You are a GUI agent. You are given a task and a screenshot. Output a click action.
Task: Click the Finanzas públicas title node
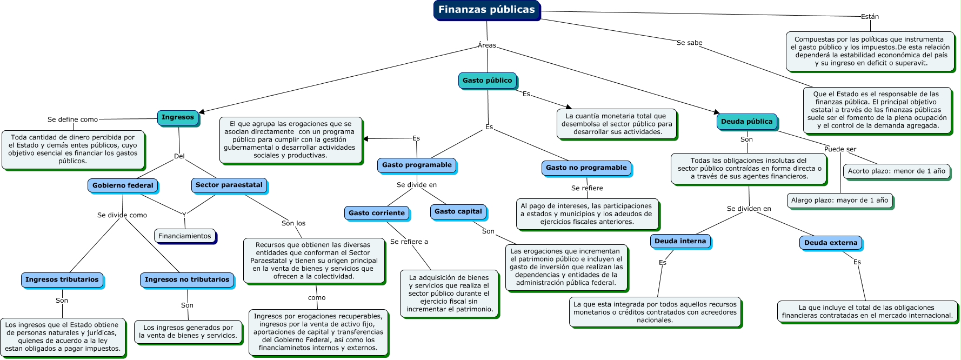point(486,10)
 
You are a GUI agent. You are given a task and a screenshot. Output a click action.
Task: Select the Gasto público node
point(487,81)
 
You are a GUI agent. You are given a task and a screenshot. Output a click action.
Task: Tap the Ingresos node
point(177,117)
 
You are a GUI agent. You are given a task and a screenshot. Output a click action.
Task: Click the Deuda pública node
point(746,122)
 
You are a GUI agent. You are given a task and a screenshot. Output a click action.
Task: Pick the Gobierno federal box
point(123,185)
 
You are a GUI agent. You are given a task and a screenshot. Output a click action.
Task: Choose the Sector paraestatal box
point(229,185)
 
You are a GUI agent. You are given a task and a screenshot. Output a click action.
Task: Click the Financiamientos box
point(184,236)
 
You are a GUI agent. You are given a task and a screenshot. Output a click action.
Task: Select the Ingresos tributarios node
point(62,279)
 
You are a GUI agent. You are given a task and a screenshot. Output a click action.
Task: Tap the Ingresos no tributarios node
point(187,279)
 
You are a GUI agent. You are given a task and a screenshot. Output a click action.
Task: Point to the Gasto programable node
point(417,165)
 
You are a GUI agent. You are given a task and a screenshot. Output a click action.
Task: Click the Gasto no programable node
point(586,168)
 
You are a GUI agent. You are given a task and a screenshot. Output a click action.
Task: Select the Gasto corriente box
point(376,213)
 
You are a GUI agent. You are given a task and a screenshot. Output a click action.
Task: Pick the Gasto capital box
point(458,211)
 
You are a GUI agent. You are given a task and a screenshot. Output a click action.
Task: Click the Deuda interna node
point(680,241)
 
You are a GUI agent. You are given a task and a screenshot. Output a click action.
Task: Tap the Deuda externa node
point(830,243)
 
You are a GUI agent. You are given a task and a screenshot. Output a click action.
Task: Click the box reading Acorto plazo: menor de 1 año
point(896,171)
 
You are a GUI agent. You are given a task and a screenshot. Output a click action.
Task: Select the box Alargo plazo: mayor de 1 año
point(839,200)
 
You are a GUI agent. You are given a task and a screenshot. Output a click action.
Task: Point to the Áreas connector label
point(486,45)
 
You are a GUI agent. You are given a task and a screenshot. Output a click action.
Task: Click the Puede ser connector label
point(840,149)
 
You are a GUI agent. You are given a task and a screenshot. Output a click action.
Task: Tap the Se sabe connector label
point(689,43)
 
